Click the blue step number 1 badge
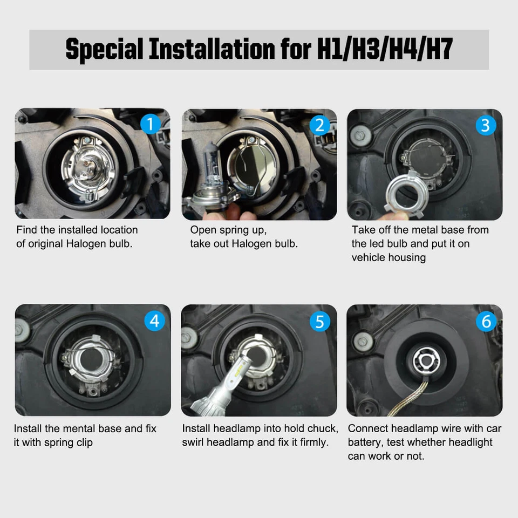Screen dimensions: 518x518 coord(151,125)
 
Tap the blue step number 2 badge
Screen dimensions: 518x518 coord(319,125)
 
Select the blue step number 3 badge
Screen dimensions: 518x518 coord(486,125)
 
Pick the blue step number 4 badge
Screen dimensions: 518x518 coord(155,321)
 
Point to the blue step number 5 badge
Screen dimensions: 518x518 coord(319,322)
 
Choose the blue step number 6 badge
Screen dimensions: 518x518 coord(486,322)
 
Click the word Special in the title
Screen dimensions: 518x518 coord(104,50)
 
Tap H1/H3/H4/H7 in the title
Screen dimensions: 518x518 coord(384,50)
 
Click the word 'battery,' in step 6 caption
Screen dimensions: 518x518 coord(367,442)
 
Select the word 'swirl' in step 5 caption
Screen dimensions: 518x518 coord(195,442)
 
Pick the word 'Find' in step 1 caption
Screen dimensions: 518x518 coord(27,230)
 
